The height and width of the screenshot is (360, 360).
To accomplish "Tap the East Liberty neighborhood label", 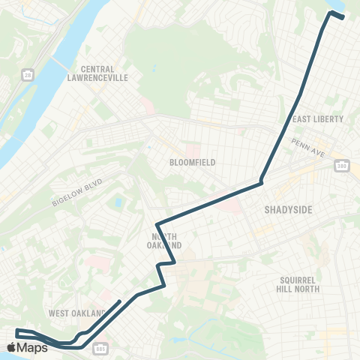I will (316, 119).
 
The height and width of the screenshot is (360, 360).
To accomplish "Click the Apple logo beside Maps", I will (13, 347).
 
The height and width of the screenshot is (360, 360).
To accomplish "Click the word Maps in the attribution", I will (34, 347).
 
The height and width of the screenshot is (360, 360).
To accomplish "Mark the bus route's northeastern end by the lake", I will (343, 16).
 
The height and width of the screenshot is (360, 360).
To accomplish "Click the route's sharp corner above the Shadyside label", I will (261, 182).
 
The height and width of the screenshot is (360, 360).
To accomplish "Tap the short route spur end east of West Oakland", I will (121, 301).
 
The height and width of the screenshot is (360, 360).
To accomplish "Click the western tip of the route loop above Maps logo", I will (16, 331).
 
